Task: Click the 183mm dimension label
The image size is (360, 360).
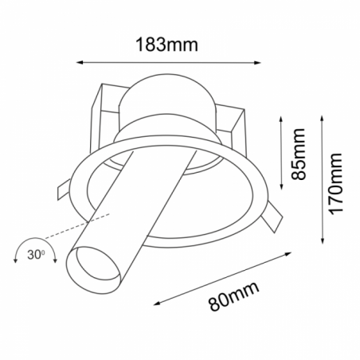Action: [x=166, y=45]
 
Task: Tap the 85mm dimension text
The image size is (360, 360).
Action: [x=299, y=154]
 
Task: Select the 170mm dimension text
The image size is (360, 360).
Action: [x=335, y=183]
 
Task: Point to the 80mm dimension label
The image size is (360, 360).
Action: [x=233, y=296]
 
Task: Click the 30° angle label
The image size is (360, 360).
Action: [x=36, y=255]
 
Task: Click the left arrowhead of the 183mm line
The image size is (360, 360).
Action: [x=80, y=62]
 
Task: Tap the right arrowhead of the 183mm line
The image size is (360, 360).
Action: [x=257, y=63]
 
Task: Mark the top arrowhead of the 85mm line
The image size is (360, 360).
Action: [x=281, y=119]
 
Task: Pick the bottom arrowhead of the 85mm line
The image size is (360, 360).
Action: [x=281, y=186]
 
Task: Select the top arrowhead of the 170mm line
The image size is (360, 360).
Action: [x=322, y=119]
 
